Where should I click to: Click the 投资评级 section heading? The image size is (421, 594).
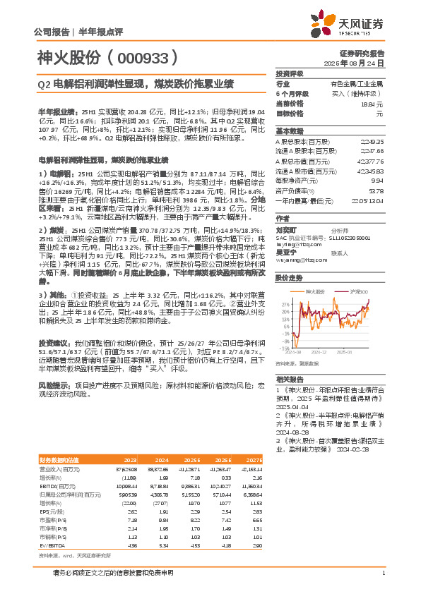290,73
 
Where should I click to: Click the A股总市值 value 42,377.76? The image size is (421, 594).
368,162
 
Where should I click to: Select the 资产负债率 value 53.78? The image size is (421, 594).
375,190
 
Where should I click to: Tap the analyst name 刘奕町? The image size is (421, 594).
285,230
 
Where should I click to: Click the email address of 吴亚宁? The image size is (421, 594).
300,259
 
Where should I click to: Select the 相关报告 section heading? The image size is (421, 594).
290,378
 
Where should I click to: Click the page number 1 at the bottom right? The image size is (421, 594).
382,571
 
